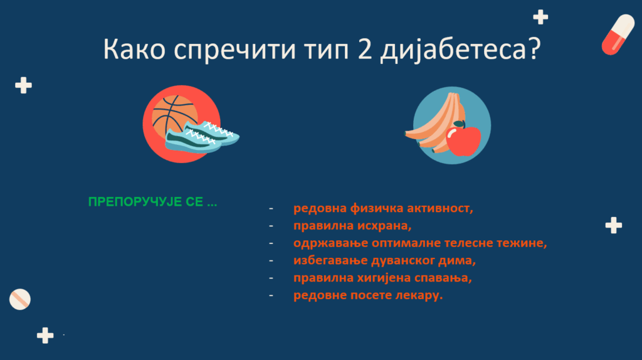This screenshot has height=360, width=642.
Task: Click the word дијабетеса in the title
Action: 453,49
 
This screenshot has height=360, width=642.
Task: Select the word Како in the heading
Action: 134,49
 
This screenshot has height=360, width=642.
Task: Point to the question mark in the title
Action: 535,48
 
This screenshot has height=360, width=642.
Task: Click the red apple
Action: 463,140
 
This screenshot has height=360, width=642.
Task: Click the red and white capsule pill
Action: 618,34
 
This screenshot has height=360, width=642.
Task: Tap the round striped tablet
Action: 19,299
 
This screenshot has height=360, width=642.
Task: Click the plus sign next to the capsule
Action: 540,17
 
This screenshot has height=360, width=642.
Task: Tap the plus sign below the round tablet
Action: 45,336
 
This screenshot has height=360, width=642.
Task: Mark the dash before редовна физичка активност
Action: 271,208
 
